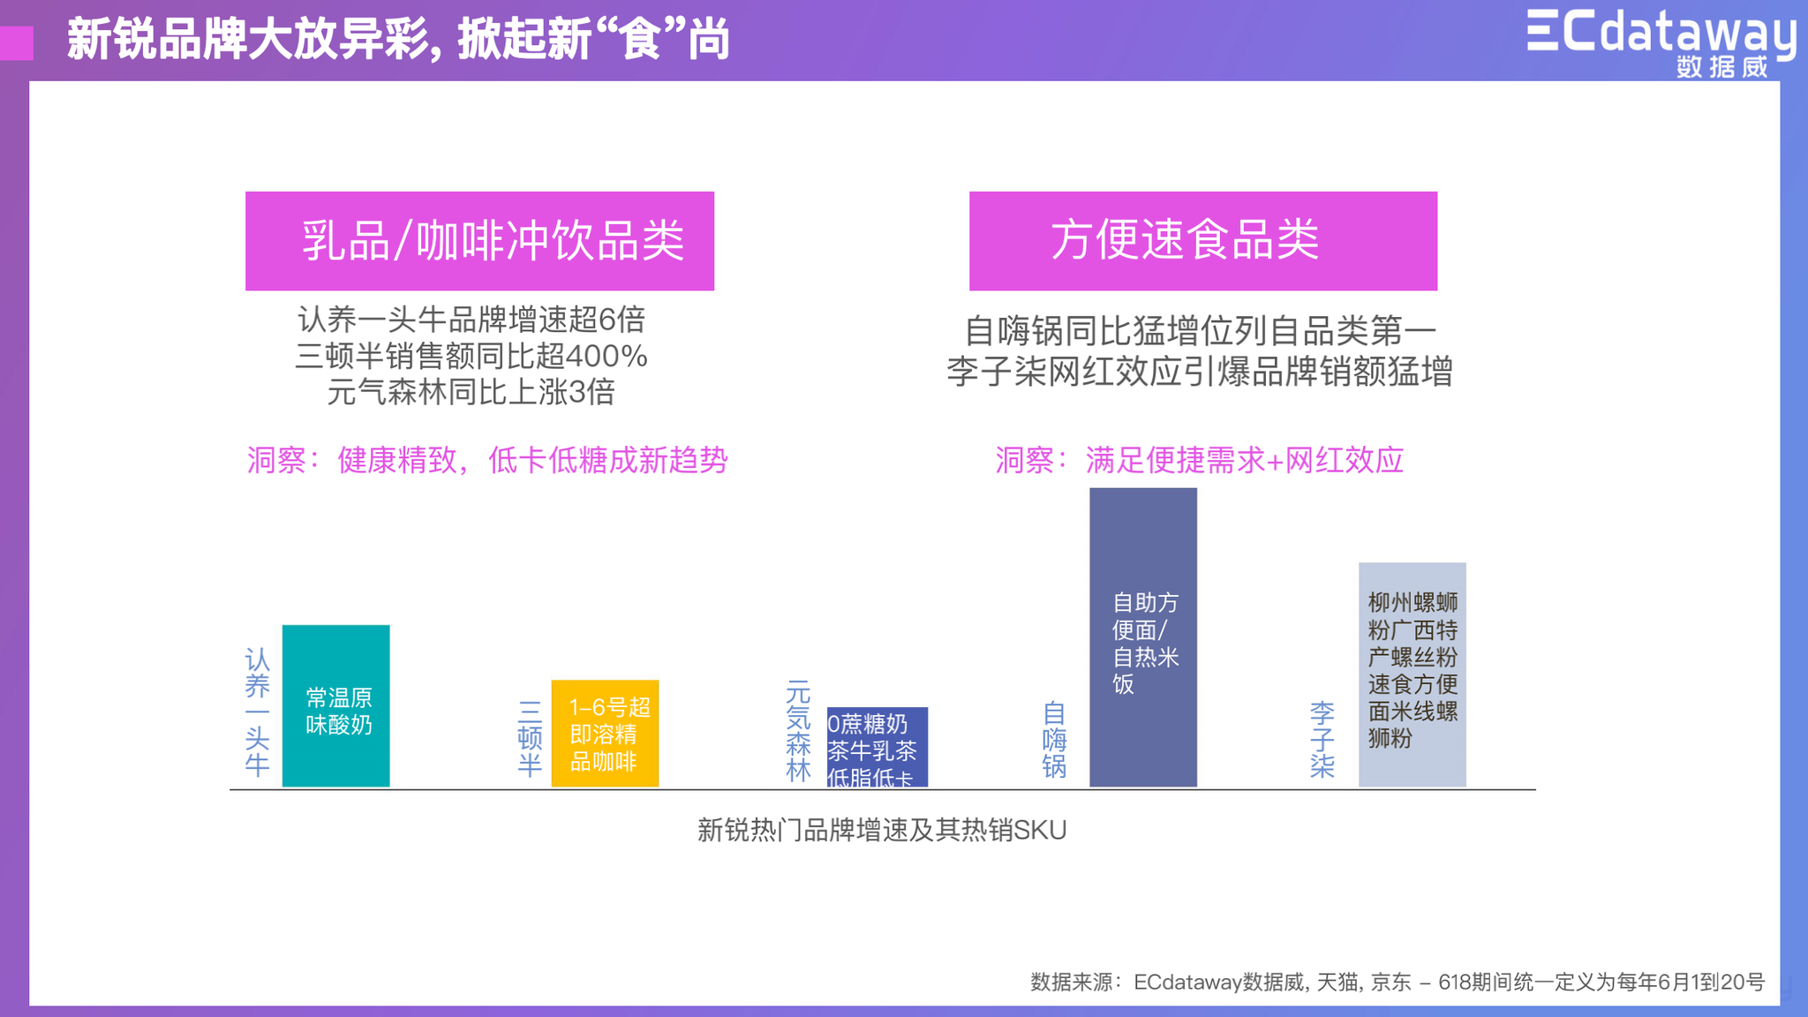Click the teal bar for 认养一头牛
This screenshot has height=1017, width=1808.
(335, 705)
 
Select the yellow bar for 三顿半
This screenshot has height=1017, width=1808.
(605, 733)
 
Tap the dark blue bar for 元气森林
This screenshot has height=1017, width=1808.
(877, 747)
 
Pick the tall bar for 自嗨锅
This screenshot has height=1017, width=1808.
(1143, 637)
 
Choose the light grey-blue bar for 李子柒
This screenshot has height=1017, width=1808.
(1412, 674)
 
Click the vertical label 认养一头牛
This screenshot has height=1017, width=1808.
(257, 712)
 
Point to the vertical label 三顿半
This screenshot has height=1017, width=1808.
(530, 738)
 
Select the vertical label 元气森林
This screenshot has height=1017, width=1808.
(798, 731)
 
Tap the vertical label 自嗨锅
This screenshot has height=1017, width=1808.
(1054, 739)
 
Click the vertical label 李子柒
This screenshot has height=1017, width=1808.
(1322, 739)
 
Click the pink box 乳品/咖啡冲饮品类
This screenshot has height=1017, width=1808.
(479, 241)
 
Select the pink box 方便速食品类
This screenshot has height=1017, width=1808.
(1203, 241)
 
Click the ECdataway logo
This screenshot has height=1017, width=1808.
(1661, 41)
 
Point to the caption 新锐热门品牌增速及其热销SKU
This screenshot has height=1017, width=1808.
(882, 830)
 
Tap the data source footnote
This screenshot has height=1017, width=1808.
(1397, 982)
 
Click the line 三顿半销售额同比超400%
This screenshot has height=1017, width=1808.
(471, 356)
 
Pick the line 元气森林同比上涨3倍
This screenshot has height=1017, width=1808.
(471, 392)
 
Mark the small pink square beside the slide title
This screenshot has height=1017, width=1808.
(17, 43)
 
